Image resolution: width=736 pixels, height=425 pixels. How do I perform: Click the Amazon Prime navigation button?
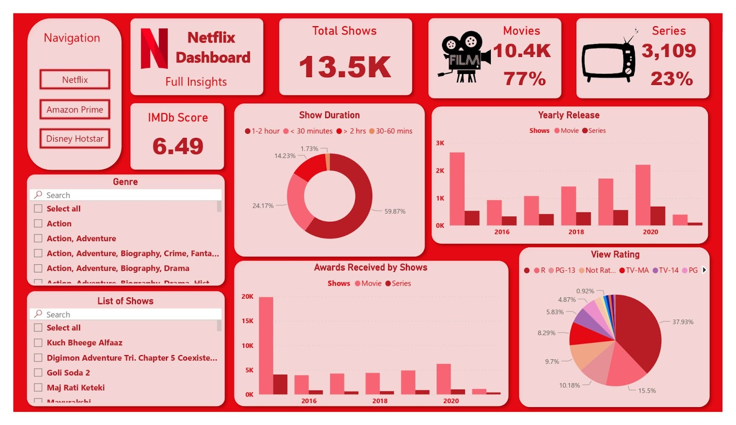[75, 109]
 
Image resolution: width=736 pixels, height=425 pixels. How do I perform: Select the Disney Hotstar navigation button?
[75, 139]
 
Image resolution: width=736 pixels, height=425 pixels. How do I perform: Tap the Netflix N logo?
[154, 49]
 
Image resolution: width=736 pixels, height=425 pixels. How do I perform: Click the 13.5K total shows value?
[345, 67]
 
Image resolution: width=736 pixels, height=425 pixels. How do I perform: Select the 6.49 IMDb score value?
[178, 146]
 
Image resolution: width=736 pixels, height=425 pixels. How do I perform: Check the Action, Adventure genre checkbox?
[38, 238]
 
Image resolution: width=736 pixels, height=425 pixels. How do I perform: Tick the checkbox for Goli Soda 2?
[38, 373]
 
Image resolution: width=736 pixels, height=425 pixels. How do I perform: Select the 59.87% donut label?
[395, 211]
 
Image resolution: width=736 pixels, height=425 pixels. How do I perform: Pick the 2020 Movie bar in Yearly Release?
[643, 195]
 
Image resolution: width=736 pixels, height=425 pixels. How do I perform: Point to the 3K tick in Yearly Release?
[440, 143]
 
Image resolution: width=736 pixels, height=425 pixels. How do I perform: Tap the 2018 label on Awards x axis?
[379, 401]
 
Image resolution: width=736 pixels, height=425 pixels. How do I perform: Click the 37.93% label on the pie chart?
[683, 322]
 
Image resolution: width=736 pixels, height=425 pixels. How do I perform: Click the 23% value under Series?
[672, 79]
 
